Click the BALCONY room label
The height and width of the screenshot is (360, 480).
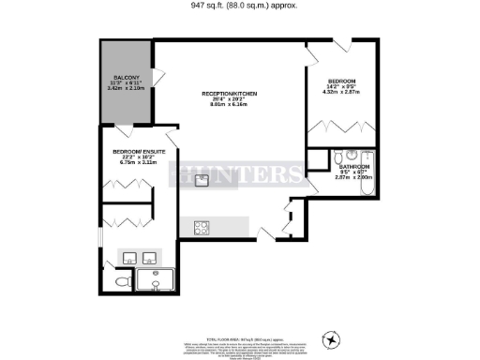point(127,77)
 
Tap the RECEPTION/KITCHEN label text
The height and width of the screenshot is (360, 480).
point(230,95)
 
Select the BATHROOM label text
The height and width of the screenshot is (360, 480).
point(353,166)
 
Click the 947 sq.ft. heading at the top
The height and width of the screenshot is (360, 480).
point(239,5)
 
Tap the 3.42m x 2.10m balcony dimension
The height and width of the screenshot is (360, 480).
point(127,88)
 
